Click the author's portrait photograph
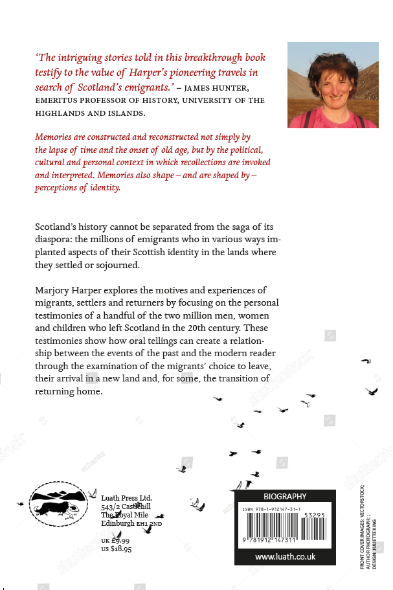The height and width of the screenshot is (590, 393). [x=333, y=85]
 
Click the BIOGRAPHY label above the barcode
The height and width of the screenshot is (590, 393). [x=285, y=497]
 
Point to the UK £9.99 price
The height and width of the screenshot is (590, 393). [x=116, y=540]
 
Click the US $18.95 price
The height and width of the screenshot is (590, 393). [x=117, y=549]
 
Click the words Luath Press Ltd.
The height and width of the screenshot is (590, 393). [x=127, y=497]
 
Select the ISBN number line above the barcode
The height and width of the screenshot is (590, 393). [x=271, y=510]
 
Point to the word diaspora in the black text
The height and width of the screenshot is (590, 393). [x=54, y=240]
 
